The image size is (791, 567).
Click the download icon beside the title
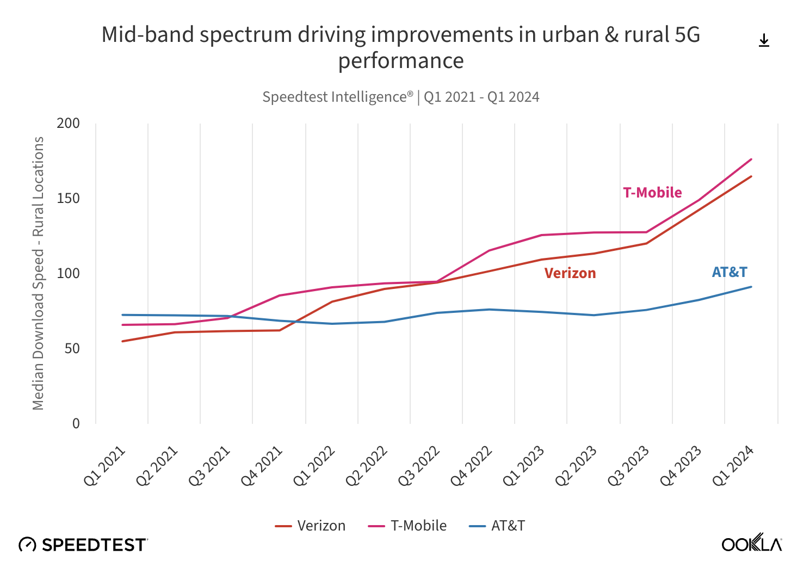[764, 40]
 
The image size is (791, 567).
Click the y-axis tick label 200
[68, 124]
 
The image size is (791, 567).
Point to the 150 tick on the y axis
[68, 199]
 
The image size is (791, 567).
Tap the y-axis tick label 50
[72, 349]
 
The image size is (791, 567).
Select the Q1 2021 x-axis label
[105, 466]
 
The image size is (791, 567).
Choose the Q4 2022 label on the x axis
[472, 466]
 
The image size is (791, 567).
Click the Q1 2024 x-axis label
[733, 466]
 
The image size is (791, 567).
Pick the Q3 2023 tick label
[629, 466]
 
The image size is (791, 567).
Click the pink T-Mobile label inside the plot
[652, 193]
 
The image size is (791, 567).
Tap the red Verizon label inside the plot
[570, 273]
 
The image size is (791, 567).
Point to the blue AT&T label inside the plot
[730, 272]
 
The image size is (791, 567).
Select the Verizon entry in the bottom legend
[311, 526]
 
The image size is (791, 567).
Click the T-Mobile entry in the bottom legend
[407, 526]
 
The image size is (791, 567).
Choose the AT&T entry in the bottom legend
[497, 526]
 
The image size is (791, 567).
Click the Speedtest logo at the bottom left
[83, 544]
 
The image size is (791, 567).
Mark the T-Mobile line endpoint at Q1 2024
[751, 159]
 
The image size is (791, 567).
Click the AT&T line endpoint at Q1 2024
[751, 287]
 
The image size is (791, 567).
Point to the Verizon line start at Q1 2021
[122, 341]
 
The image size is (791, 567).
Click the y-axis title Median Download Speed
[38, 273]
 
